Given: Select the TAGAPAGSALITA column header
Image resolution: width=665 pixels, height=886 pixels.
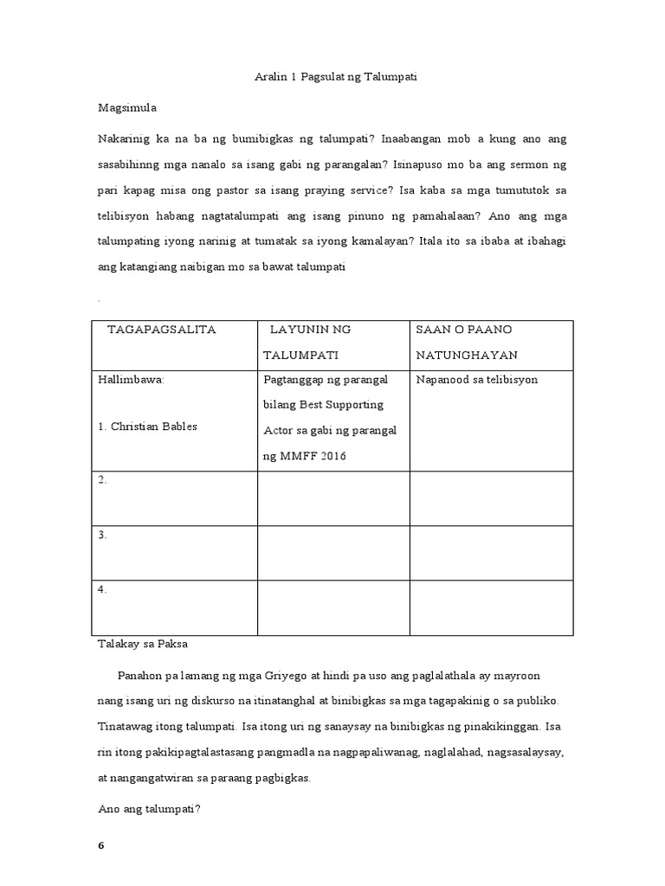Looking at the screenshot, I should pos(162,330).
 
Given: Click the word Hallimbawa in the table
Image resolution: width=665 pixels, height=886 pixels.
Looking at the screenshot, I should pos(132,380).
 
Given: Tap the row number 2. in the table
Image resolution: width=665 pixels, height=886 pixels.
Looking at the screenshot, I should pos(102,480).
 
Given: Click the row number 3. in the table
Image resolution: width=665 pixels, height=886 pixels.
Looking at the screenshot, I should pos(102,535).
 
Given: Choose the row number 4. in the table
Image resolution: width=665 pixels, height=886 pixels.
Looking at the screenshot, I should pos(102,589).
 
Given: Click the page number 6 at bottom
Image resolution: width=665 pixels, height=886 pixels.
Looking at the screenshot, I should pos(100,845).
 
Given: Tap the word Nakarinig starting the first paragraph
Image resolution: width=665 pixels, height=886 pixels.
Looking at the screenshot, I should pos(126,139).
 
